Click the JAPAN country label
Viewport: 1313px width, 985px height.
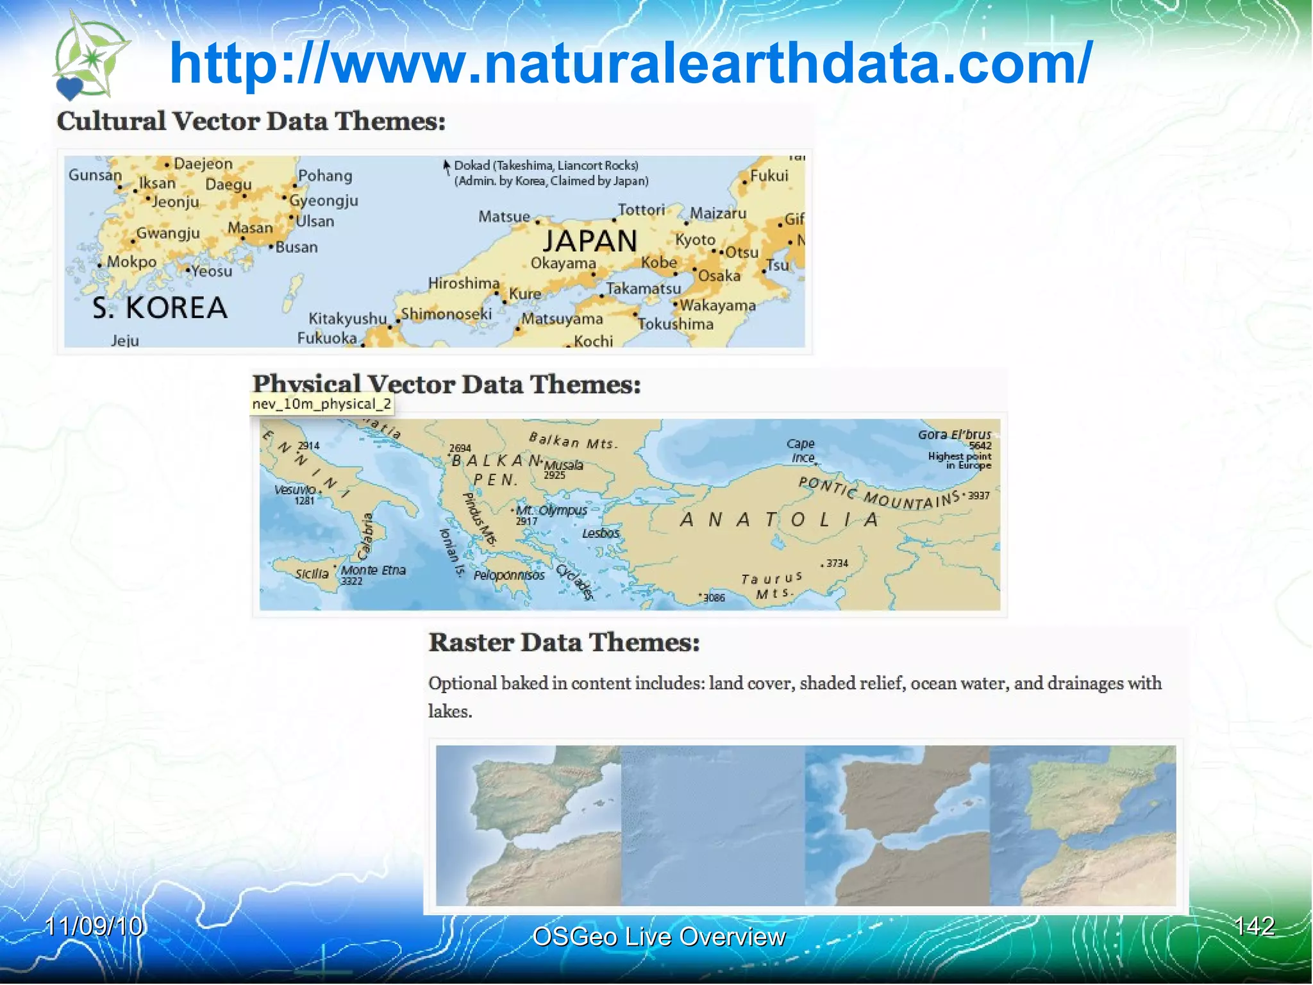(x=590, y=242)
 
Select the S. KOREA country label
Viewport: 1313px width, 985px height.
(x=160, y=308)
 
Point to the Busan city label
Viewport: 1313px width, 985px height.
(x=296, y=248)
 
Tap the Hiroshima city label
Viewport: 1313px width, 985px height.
(x=464, y=283)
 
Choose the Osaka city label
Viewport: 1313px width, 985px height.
(x=719, y=276)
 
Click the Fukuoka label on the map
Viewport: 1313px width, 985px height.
(x=327, y=338)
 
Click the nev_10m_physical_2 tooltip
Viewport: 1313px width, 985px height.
(x=321, y=404)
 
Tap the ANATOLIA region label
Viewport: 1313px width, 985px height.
(x=779, y=519)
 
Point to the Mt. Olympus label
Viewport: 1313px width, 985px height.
(x=551, y=511)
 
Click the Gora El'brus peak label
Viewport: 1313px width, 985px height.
(x=954, y=435)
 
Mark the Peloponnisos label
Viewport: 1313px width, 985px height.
(x=509, y=575)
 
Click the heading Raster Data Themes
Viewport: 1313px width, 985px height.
(x=564, y=643)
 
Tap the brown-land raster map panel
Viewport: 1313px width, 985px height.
(x=897, y=826)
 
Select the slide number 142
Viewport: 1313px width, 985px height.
(x=1254, y=926)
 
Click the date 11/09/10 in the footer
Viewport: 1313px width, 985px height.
(x=94, y=927)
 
